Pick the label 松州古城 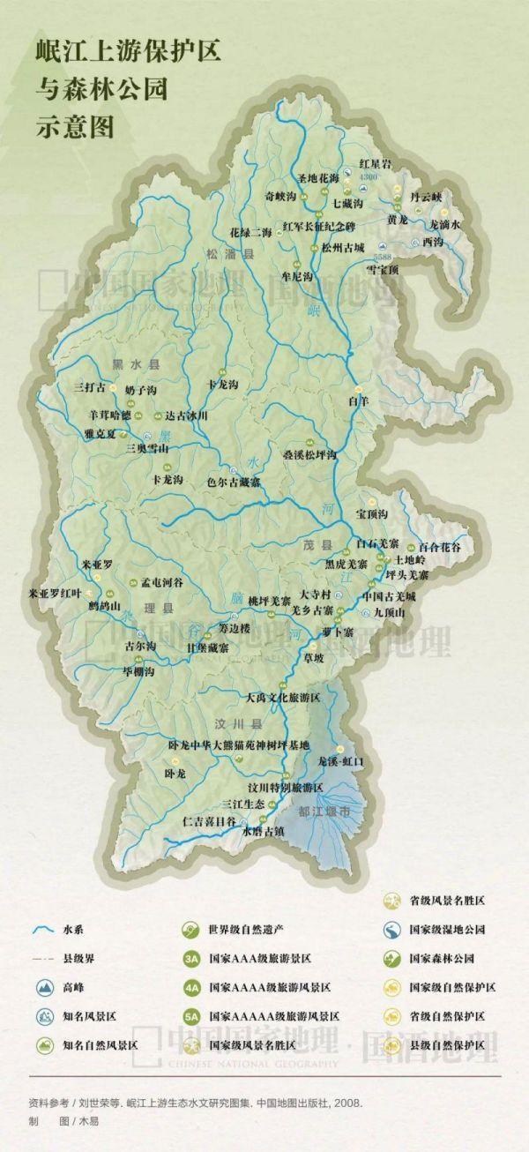(x=343, y=248)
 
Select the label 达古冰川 (x=186, y=415)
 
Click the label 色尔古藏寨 (x=233, y=482)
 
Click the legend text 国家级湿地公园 (x=447, y=930)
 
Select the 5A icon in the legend (x=191, y=1016)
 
